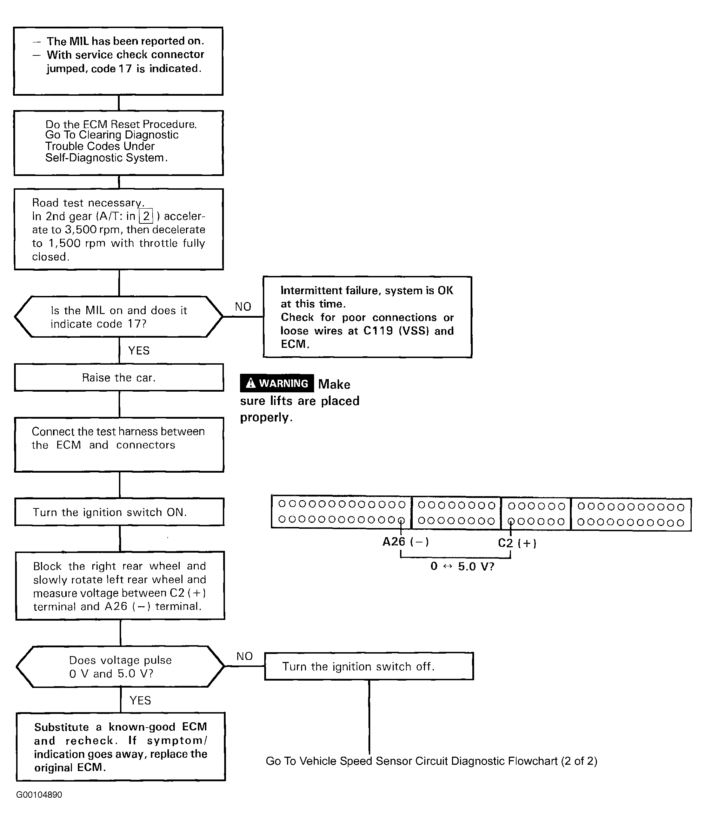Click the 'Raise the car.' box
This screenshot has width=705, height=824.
119,377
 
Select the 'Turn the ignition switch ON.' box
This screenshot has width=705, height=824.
119,512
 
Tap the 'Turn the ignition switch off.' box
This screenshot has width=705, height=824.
369,666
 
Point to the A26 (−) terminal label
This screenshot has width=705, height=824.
406,542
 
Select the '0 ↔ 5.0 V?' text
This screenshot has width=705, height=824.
462,566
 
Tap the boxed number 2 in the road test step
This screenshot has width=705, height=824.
146,216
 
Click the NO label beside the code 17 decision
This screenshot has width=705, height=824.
243,306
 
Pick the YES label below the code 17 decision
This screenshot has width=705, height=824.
139,350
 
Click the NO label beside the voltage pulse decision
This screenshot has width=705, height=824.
245,656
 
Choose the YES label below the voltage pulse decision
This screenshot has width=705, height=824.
140,700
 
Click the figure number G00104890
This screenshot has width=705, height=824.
39,795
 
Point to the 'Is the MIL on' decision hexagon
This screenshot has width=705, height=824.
119,317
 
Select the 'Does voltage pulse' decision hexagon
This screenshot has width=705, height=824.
120,667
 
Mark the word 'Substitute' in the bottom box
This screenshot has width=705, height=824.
62,727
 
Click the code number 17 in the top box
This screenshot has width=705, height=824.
125,69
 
